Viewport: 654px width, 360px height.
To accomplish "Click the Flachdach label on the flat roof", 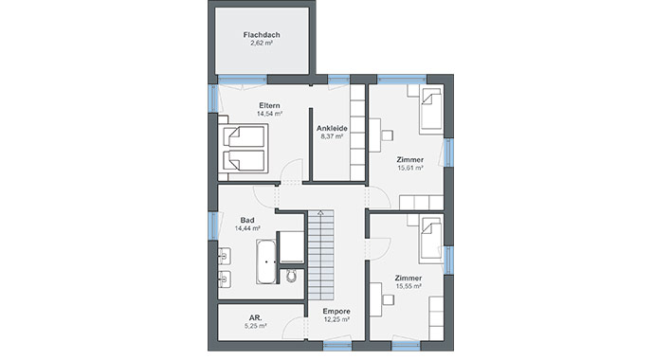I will click(x=261, y=34).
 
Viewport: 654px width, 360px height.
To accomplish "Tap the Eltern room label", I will click(x=269, y=105).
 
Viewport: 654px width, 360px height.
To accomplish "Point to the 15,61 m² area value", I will click(x=409, y=169).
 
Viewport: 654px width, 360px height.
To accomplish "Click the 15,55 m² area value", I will click(x=409, y=285).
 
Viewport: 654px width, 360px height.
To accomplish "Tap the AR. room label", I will click(x=255, y=316).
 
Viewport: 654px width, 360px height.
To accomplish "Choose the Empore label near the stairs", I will click(x=336, y=312).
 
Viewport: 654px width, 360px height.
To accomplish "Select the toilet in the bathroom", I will click(x=292, y=275).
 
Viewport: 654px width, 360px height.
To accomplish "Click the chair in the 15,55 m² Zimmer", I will click(x=389, y=298).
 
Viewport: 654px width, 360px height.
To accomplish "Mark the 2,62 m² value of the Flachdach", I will click(x=261, y=44).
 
